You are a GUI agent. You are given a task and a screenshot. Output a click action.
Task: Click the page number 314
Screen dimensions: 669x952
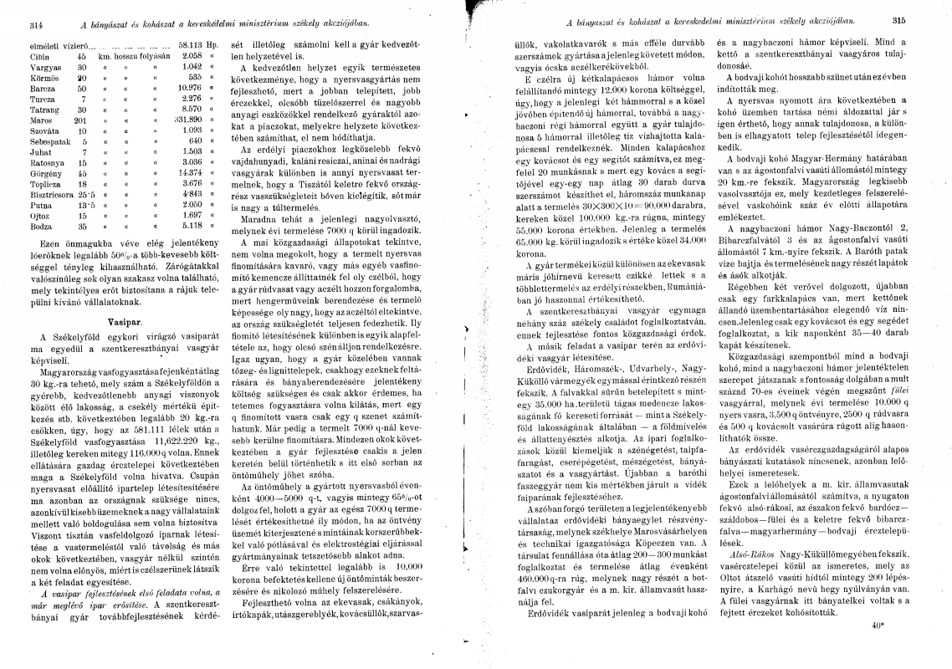[13, 20]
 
